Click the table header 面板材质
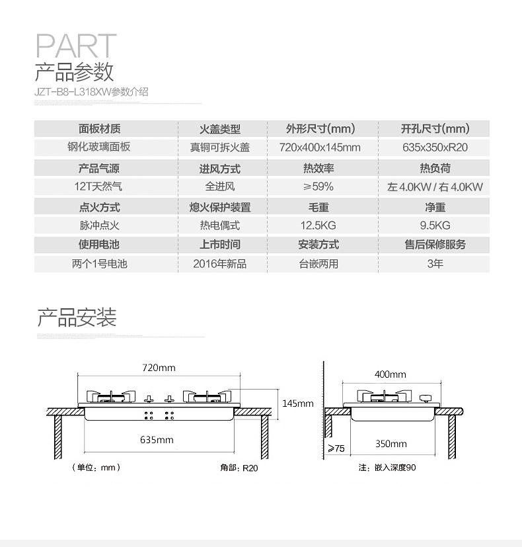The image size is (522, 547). pos(99,129)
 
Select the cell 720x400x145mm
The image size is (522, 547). pos(320,147)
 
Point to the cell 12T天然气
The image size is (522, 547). pos(99,187)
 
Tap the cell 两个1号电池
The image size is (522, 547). pos(99,263)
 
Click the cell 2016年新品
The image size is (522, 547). pos(219,263)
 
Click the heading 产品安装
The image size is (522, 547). pos(77,317)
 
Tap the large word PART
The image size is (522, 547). pos(75,46)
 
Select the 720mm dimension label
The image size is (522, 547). pos(159,367)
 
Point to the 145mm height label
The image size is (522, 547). pos(297,403)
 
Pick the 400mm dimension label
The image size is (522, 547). pos(390,374)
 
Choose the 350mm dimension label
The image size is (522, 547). pos(391,444)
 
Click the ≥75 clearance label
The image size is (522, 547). pos(336,448)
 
